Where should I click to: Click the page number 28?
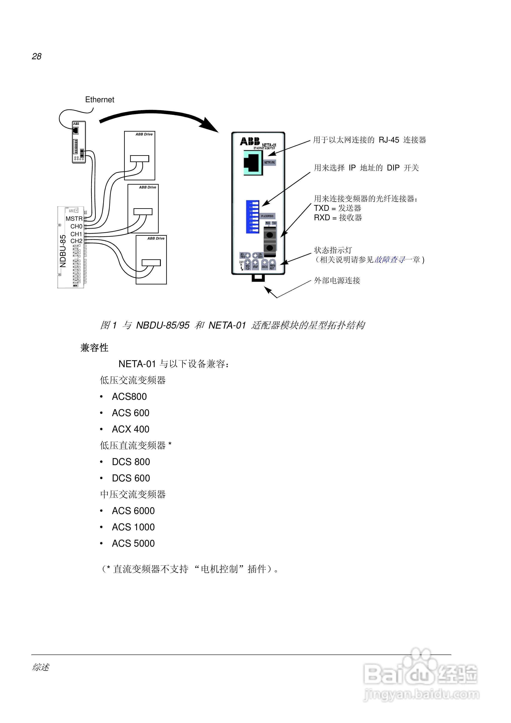[x=36, y=56]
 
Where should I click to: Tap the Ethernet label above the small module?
[x=100, y=100]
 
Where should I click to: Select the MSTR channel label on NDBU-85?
[x=74, y=219]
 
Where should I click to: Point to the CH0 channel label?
[x=76, y=226]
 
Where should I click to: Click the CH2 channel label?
[x=76, y=241]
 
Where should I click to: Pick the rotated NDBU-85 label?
[x=63, y=251]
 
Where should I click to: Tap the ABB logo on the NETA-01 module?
[x=250, y=141]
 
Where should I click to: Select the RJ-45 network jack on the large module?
[x=253, y=163]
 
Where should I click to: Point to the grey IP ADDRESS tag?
[x=268, y=216]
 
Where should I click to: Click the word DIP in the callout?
[x=393, y=168]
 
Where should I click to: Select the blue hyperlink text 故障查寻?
[x=389, y=260]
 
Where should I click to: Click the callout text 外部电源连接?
[x=337, y=281]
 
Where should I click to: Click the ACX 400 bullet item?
[x=130, y=429]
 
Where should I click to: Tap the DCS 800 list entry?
[x=131, y=462]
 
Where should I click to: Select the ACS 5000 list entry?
[x=133, y=544]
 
